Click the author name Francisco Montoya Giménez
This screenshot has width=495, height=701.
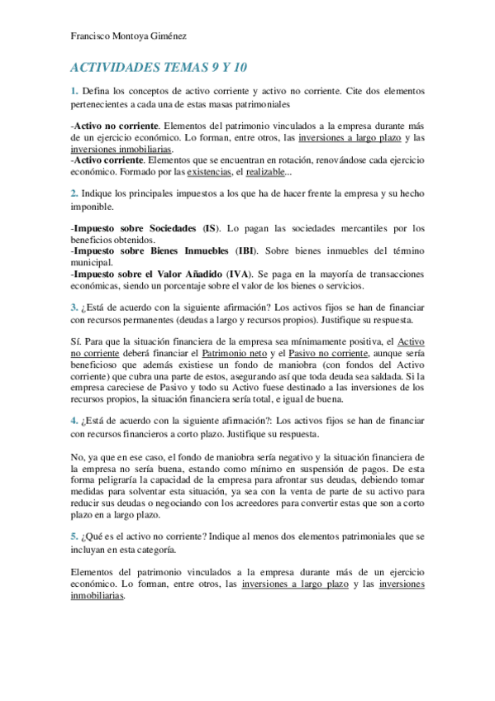[128, 37]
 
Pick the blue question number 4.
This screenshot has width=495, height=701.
[74, 420]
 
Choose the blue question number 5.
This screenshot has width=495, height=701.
[74, 536]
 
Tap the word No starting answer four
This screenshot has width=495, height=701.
[77, 456]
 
